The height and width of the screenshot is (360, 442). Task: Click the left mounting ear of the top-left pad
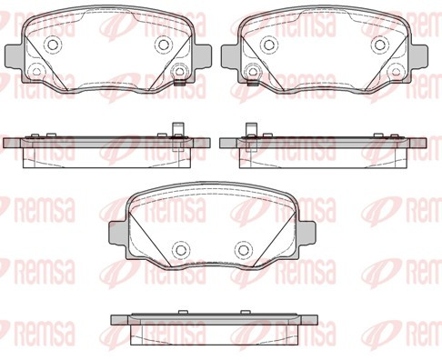(14, 56)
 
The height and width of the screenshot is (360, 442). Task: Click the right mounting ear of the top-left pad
(202, 56)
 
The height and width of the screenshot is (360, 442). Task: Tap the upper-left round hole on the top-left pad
(55, 45)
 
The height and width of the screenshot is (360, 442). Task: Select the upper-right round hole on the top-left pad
(165, 45)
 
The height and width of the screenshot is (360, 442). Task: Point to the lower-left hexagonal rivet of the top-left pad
(37, 72)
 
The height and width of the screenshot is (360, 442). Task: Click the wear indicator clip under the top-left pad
(181, 82)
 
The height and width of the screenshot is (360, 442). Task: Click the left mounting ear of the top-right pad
(231, 56)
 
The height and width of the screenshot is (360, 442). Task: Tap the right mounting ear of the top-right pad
(418, 56)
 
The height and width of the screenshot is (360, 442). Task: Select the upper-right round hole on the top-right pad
(379, 45)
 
